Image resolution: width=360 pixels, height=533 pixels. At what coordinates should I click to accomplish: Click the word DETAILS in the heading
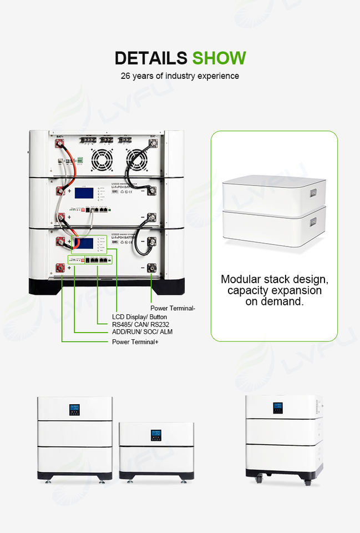pyautogui.click(x=151, y=58)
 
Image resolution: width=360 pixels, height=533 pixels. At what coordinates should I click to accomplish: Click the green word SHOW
pyautogui.click(x=219, y=58)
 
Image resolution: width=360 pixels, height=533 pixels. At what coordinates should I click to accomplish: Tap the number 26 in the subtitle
pyautogui.click(x=126, y=76)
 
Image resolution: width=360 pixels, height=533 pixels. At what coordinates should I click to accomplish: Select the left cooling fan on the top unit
pyautogui.click(x=102, y=159)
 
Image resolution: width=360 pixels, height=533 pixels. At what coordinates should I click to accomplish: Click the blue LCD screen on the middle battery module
pyautogui.click(x=83, y=194)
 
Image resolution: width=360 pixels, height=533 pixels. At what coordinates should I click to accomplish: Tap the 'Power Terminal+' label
pyautogui.click(x=136, y=342)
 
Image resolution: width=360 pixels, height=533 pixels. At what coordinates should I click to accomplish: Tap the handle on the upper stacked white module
pyautogui.click(x=314, y=192)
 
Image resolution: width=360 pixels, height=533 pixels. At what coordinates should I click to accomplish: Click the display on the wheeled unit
pyautogui.click(x=277, y=408)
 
